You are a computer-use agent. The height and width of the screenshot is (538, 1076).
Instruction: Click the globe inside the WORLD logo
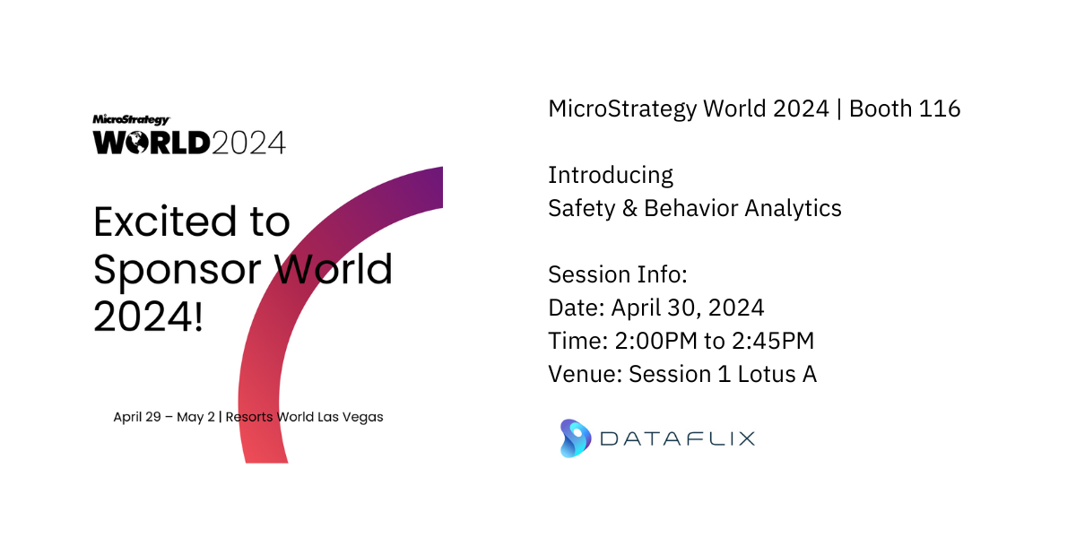point(136,143)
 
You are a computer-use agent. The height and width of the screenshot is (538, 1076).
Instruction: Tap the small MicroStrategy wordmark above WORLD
point(131,119)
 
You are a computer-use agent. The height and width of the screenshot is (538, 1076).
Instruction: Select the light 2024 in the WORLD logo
point(248,143)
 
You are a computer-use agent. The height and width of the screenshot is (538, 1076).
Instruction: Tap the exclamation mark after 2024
point(198,316)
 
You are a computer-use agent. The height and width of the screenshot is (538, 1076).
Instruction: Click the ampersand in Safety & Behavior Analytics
point(629,208)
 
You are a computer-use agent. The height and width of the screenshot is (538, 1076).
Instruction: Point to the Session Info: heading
point(618,274)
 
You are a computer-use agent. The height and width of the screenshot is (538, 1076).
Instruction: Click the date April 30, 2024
point(688,308)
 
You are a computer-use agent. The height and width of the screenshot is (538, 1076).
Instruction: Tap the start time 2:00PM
point(655,341)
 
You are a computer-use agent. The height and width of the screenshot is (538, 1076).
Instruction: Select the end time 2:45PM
point(773,341)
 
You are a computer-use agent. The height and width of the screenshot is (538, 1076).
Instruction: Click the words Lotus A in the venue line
point(777,374)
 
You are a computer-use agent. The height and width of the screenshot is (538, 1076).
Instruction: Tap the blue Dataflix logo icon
point(576,438)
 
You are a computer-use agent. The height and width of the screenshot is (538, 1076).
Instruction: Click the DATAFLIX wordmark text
point(677,439)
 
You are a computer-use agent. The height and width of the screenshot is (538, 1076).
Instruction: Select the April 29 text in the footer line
point(137,417)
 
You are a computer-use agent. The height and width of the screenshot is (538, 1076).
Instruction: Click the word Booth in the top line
point(881,108)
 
